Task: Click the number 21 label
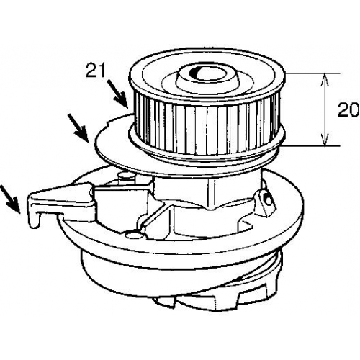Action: tap(96, 71)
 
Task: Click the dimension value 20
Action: tap(348, 110)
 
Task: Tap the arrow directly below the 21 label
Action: tap(117, 94)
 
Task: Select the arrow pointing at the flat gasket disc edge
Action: tap(78, 127)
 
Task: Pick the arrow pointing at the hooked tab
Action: tap(9, 199)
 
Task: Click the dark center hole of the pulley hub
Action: tap(196, 72)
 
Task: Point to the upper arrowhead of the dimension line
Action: tap(325, 79)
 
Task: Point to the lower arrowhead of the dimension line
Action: tap(325, 140)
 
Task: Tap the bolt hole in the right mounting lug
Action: tap(266, 197)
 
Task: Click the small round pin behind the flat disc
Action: tap(127, 176)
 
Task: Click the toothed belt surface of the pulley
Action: tap(207, 125)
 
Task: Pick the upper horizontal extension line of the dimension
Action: tap(312, 73)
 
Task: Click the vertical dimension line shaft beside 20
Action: tap(325, 109)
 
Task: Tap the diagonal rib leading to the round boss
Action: tap(153, 216)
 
